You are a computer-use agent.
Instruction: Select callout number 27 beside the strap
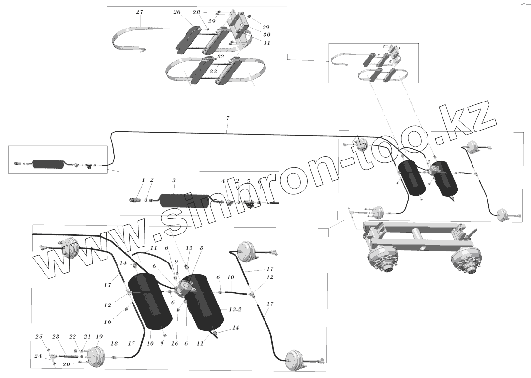(139, 11)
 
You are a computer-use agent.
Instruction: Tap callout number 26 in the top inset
(177, 12)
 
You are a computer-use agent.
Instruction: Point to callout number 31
(266, 43)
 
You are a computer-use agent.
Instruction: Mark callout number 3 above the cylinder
(175, 180)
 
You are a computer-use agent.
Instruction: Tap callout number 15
(189, 248)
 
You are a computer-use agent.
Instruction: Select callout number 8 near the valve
(201, 248)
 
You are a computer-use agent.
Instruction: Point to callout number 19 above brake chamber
(99, 336)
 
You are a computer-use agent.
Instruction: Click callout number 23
(55, 337)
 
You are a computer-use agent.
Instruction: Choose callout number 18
(113, 343)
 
